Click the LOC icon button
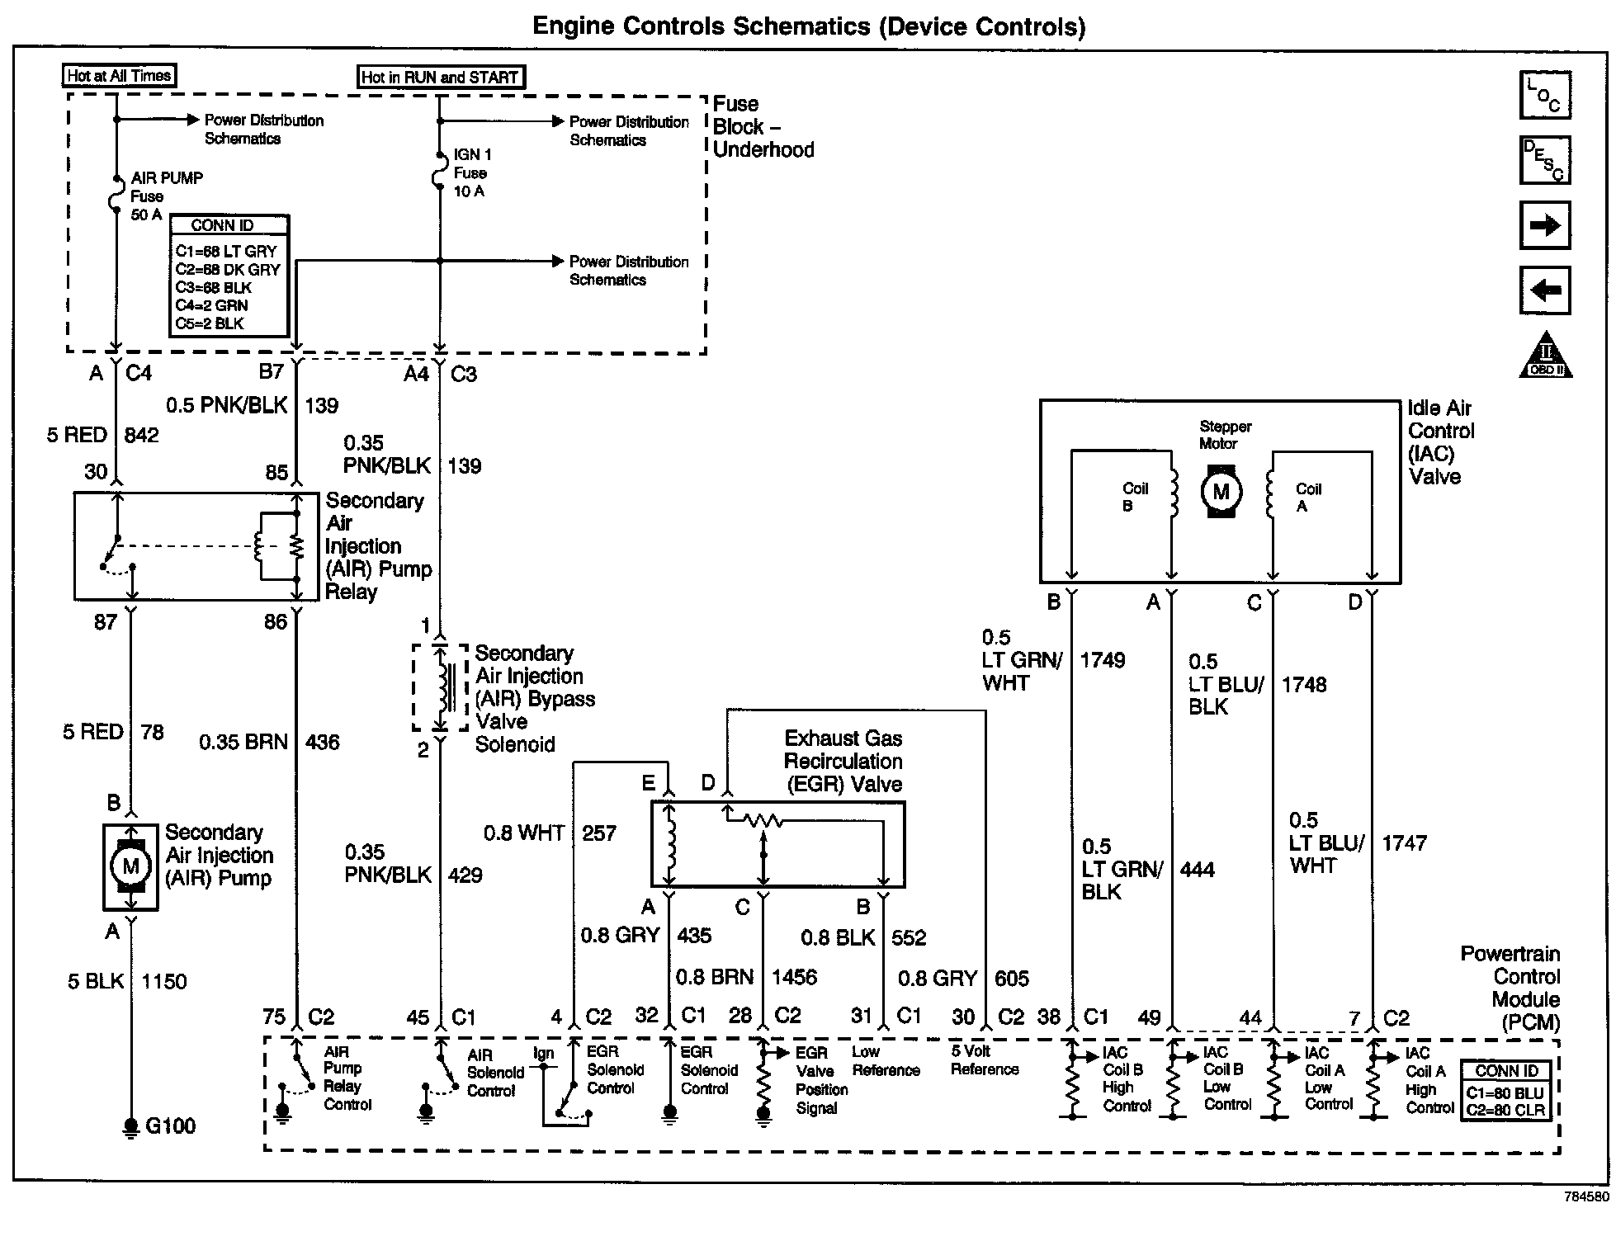coord(1544,95)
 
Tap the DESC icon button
coord(1544,160)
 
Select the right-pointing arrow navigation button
coord(1544,225)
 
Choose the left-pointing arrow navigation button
coord(1544,290)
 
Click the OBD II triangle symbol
coord(1546,356)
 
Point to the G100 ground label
coord(170,1126)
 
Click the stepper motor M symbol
coord(1221,493)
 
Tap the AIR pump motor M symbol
coord(130,866)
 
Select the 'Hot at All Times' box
coord(120,76)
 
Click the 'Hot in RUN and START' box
coord(441,78)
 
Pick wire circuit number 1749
coord(1103,660)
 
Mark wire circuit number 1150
coord(164,981)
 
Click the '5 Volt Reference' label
coord(985,1060)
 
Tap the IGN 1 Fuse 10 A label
coord(472,173)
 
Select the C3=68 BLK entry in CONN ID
coord(214,288)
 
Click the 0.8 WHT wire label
coord(523,833)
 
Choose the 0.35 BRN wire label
coord(243,743)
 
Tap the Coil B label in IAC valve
coord(1135,497)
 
